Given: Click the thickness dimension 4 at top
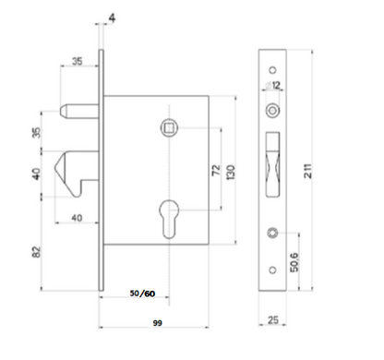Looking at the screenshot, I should tap(111, 17).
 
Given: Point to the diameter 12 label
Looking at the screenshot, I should tap(276, 86).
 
